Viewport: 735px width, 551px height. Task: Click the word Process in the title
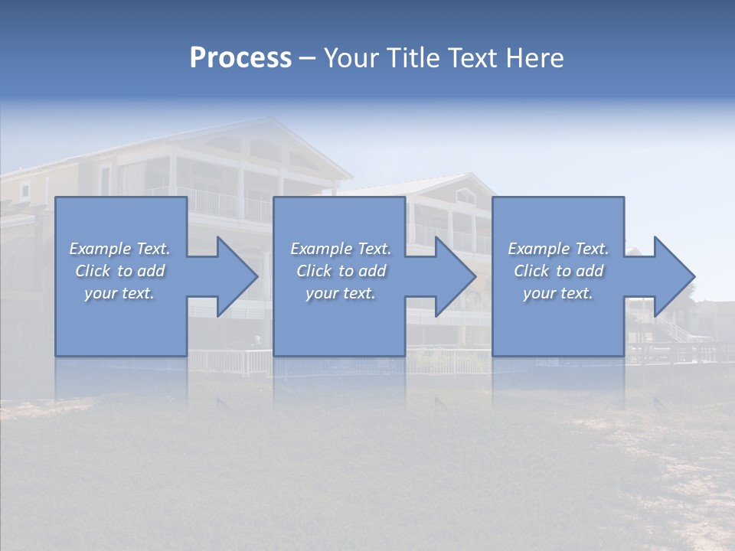(x=240, y=58)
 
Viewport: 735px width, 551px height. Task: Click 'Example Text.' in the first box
(x=119, y=249)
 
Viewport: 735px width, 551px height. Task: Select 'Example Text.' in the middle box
(x=341, y=249)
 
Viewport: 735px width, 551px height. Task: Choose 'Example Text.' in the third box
(x=558, y=249)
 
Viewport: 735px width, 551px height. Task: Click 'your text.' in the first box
(x=119, y=293)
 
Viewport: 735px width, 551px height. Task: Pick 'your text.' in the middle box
(x=341, y=293)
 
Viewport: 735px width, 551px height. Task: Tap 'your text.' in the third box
(x=558, y=293)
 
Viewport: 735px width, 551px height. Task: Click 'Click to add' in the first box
(x=119, y=271)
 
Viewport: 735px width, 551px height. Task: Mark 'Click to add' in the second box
(x=341, y=271)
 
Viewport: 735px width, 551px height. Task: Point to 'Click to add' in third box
(x=558, y=271)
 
